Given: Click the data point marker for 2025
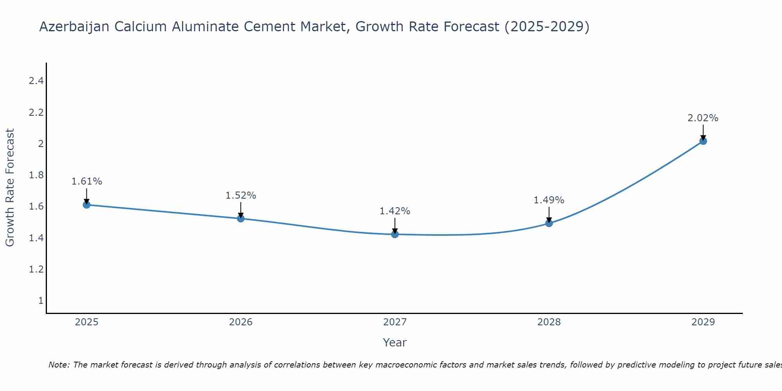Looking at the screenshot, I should pyautogui.click(x=86, y=204).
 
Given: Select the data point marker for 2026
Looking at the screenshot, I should pyautogui.click(x=241, y=219).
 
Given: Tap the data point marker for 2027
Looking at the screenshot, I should pyautogui.click(x=395, y=234).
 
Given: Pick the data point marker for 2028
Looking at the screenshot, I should pyautogui.click(x=549, y=223).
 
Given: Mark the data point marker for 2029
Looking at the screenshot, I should pyautogui.click(x=703, y=141).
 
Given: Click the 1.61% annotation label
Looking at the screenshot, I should pyautogui.click(x=87, y=181).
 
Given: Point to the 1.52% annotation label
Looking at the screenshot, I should pyautogui.click(x=241, y=195).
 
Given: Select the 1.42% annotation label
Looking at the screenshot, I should pyautogui.click(x=395, y=211).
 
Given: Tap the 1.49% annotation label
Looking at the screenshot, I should pyautogui.click(x=549, y=200).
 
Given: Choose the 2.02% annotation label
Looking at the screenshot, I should pyautogui.click(x=703, y=118).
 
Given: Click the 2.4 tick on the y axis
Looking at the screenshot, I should pyautogui.click(x=36, y=81).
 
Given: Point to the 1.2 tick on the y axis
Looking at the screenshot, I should pyautogui.click(x=36, y=269).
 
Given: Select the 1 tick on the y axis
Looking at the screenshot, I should pyautogui.click(x=41, y=301).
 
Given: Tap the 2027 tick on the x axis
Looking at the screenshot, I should pyautogui.click(x=395, y=322).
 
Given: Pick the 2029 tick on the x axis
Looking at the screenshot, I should pyautogui.click(x=703, y=322).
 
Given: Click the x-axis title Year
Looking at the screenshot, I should pyautogui.click(x=395, y=343).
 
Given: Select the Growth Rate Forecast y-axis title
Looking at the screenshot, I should pyautogui.click(x=10, y=188).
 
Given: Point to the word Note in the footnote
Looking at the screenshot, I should pyautogui.click(x=59, y=365).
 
